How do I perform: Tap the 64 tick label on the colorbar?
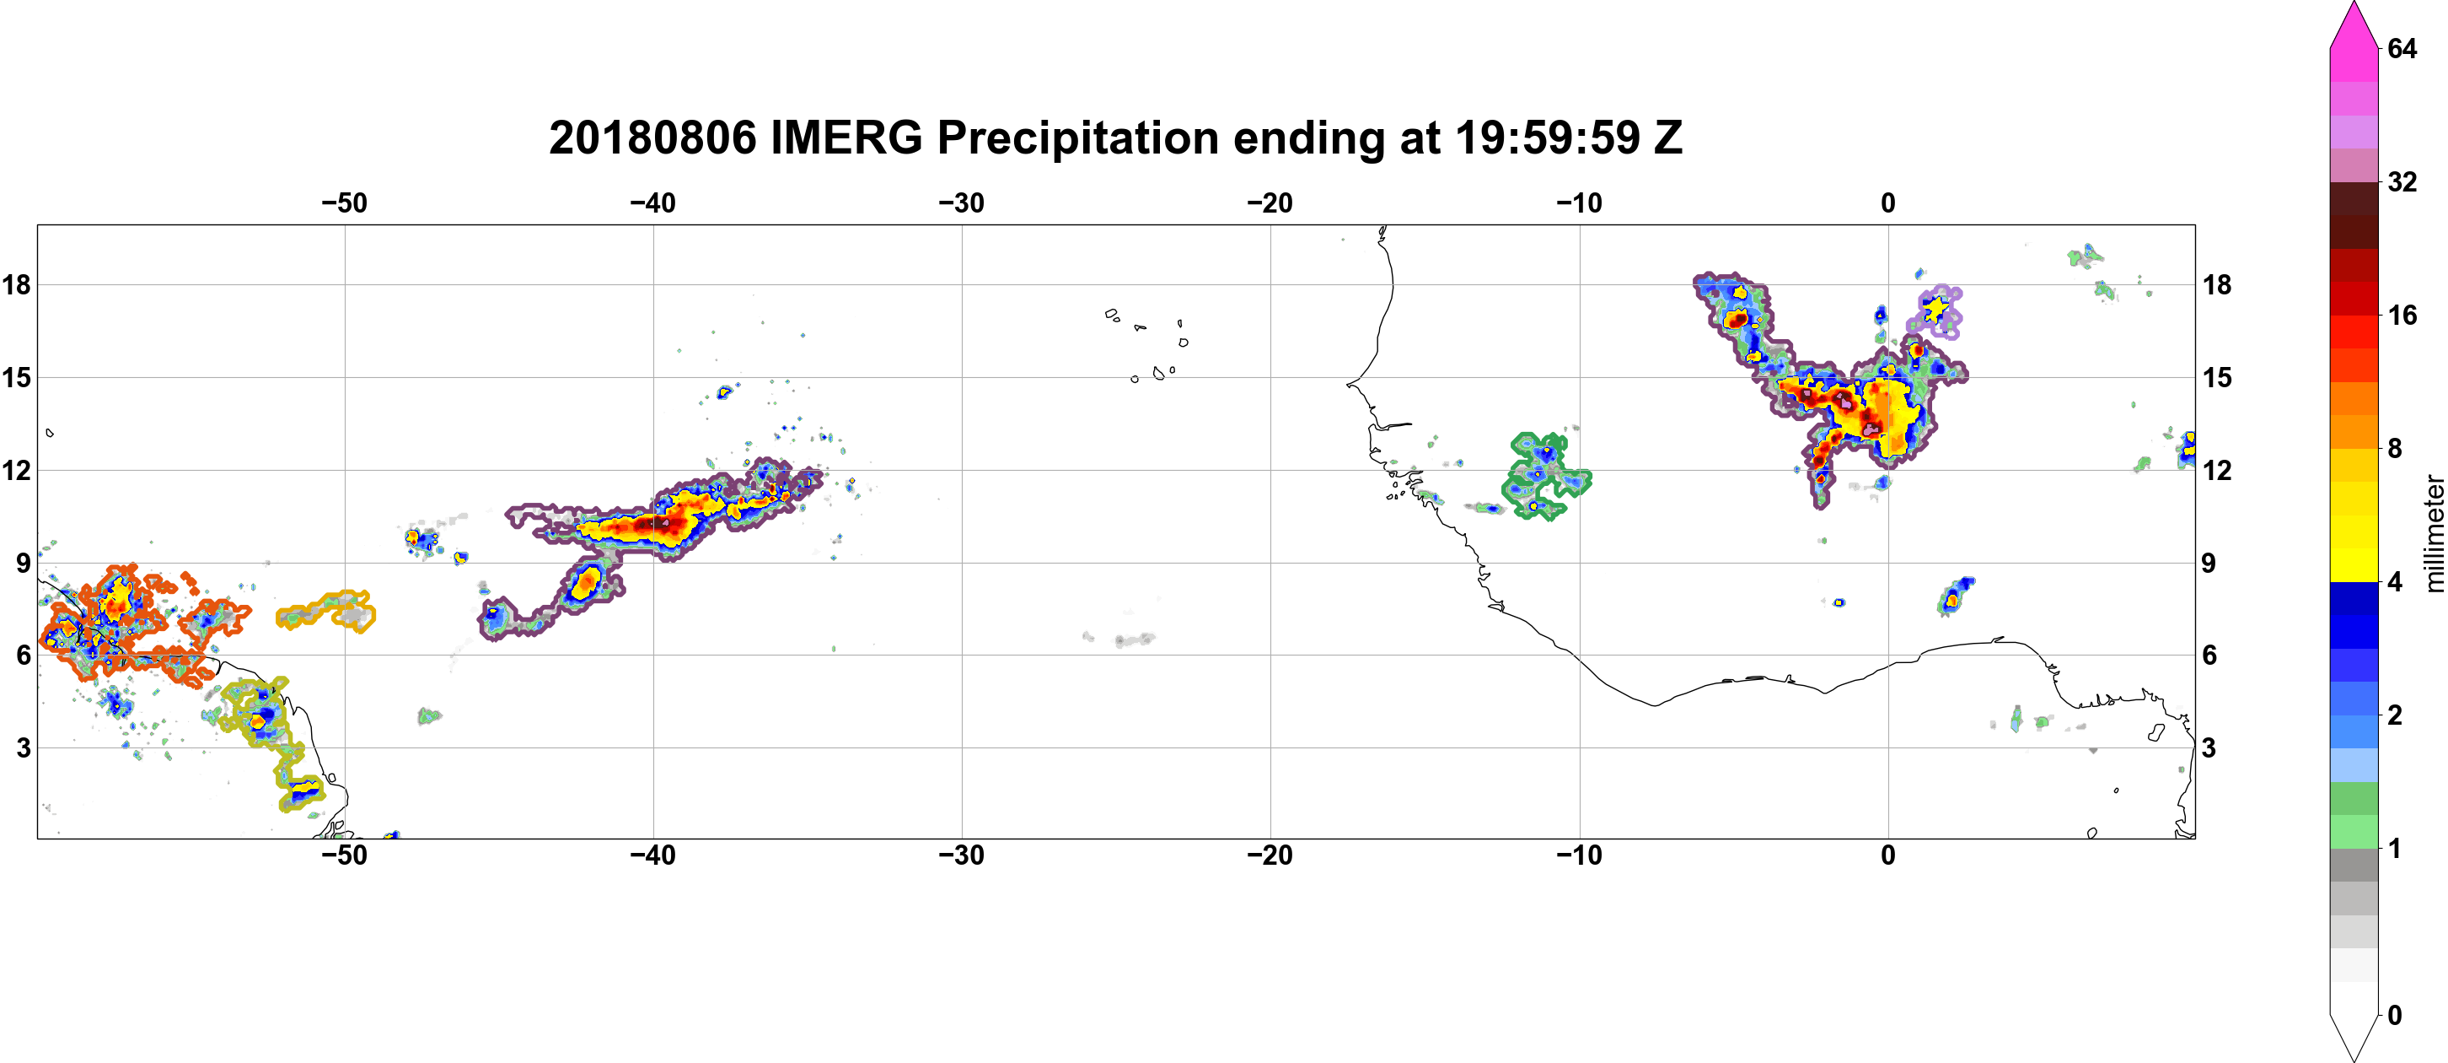[x=2402, y=48]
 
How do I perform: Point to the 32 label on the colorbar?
[x=2402, y=181]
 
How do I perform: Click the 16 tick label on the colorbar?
[x=2402, y=316]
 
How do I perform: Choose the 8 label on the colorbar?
[x=2395, y=449]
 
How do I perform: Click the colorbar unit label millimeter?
[x=2434, y=533]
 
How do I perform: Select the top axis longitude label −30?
[x=962, y=203]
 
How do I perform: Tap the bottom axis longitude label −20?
[x=1270, y=855]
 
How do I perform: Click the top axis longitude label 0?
[x=1888, y=203]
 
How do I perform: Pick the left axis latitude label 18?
[x=16, y=284]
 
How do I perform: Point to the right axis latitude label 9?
[x=2209, y=563]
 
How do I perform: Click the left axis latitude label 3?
[x=23, y=748]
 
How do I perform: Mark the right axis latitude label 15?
[x=2216, y=377]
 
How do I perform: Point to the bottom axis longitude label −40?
[x=652, y=855]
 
